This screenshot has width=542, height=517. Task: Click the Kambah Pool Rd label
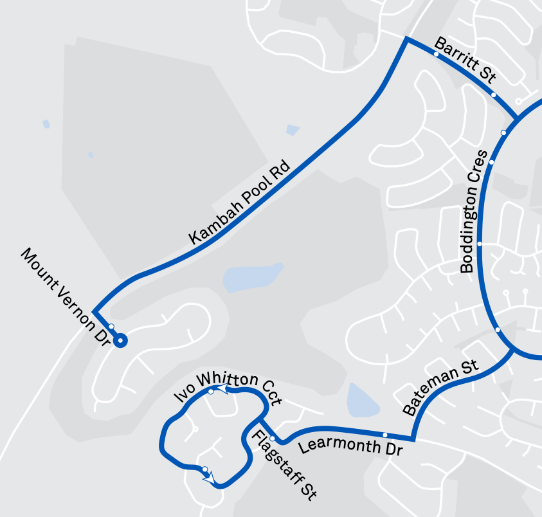[x=240, y=202]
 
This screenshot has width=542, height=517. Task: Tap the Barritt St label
[x=464, y=60]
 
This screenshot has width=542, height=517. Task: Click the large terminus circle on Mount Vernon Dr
[x=120, y=341]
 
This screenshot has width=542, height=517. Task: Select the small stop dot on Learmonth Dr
[x=385, y=435]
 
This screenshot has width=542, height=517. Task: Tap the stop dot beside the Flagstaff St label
[x=272, y=439]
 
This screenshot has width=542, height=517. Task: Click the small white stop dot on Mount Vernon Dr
[x=111, y=327]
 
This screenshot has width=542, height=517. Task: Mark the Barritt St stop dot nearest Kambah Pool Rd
[x=437, y=54]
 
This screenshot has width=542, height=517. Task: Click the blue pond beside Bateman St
[x=359, y=400]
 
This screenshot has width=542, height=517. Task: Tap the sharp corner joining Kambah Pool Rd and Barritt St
[x=406, y=40]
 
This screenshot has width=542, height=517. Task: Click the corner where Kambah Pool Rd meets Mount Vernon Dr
[x=94, y=310]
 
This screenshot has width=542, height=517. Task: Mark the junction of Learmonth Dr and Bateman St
[x=413, y=440]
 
